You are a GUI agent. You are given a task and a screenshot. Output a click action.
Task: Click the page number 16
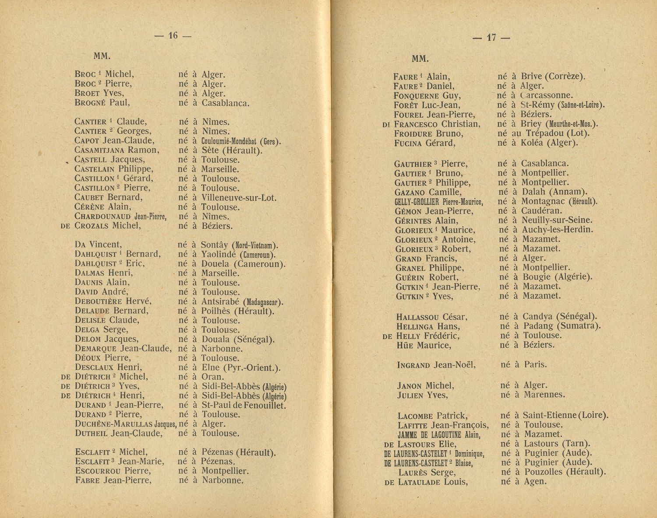point(173,36)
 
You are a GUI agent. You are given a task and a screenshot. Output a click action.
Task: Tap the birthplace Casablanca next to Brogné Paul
point(225,103)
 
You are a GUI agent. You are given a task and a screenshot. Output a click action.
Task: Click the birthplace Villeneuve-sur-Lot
point(239,198)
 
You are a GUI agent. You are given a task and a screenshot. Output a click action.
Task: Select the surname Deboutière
point(99,301)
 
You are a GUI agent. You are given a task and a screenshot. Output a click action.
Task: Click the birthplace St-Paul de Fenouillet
point(244,406)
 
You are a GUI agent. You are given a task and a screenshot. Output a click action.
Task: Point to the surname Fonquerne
point(417,96)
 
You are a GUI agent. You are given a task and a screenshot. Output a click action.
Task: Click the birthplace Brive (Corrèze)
point(553,77)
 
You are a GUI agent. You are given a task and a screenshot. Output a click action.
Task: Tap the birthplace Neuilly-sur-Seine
point(557,220)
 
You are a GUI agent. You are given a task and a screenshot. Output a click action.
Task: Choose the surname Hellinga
point(415,326)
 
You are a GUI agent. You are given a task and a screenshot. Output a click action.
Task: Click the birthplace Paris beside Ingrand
point(536,364)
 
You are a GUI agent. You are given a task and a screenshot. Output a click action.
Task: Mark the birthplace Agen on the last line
point(535,481)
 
